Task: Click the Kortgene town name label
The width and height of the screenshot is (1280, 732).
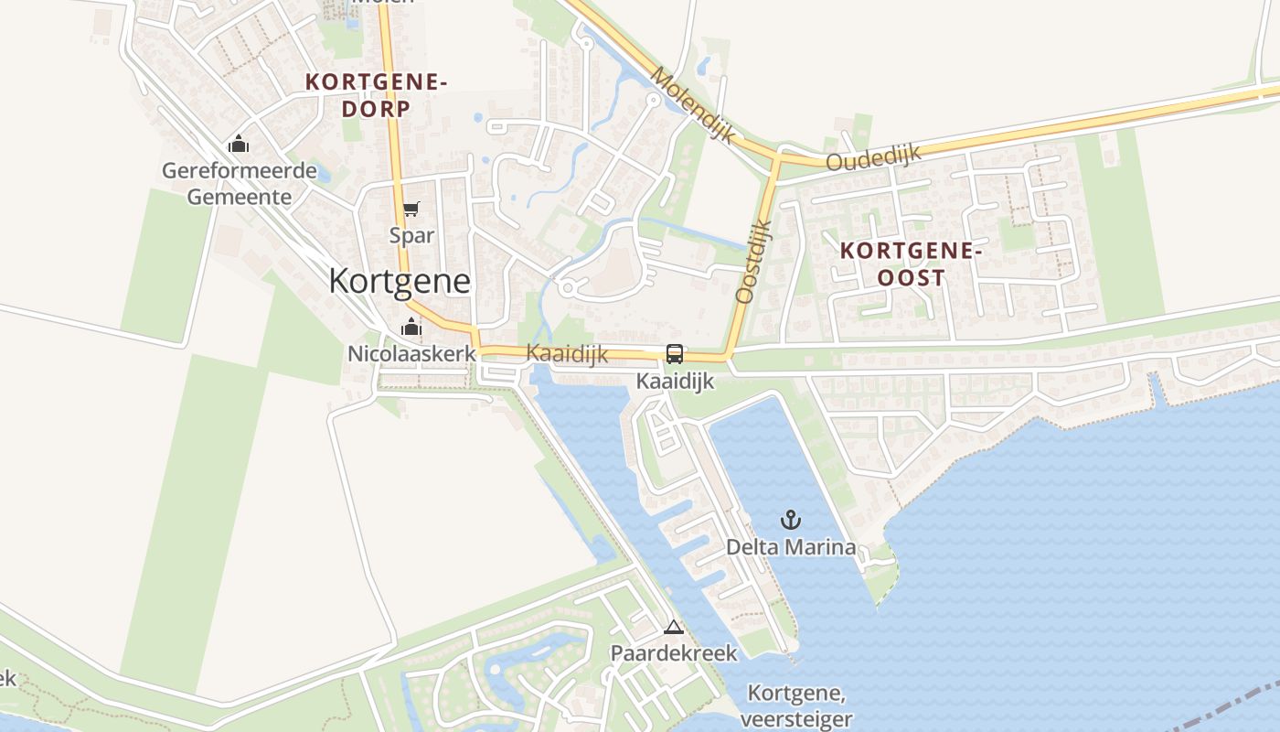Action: tap(400, 281)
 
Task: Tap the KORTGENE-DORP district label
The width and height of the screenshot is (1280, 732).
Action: tap(376, 95)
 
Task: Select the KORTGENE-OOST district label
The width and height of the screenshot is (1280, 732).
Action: tap(911, 264)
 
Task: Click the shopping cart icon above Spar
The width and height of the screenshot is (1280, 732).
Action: tap(411, 210)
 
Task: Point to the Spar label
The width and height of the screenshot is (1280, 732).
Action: tap(411, 235)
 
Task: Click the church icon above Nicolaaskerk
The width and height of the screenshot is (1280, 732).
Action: tap(411, 327)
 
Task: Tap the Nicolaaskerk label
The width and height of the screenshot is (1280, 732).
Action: tap(411, 353)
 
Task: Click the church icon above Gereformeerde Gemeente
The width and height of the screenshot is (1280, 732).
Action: tap(239, 144)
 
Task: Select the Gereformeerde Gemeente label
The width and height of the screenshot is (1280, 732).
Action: tap(240, 183)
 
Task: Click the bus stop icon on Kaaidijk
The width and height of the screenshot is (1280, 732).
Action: tap(675, 353)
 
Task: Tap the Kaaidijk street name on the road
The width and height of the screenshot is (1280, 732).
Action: tap(567, 354)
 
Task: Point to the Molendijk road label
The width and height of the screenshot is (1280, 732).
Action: tap(694, 103)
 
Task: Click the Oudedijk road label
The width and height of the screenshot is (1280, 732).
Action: tap(873, 158)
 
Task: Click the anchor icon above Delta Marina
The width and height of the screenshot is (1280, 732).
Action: tap(790, 521)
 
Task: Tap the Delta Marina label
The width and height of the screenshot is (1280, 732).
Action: tap(791, 547)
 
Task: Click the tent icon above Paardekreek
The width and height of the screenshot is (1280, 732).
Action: tap(674, 628)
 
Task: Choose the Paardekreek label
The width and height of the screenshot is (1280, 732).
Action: tap(674, 653)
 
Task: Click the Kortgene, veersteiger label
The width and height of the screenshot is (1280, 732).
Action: tap(795, 705)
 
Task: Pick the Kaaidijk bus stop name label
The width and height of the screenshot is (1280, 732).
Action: tap(675, 381)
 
